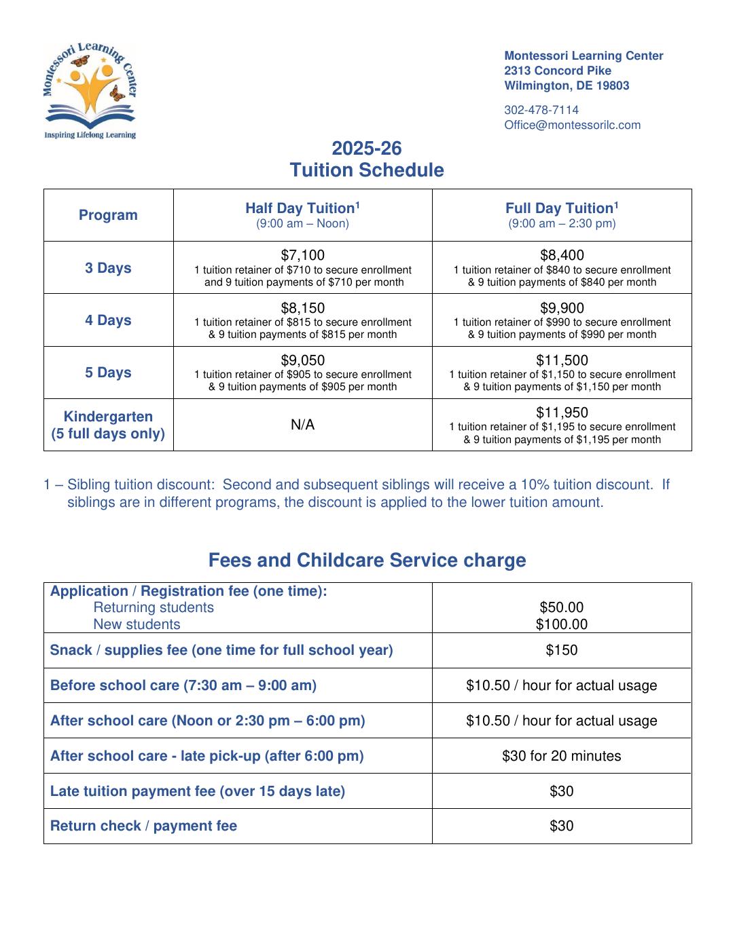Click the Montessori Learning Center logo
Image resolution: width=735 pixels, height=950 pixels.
90,90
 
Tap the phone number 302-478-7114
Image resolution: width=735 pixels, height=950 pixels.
541,110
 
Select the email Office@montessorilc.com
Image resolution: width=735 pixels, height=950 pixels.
572,125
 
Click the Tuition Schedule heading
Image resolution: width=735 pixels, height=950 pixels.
367,170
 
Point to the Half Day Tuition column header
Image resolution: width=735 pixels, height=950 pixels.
302,208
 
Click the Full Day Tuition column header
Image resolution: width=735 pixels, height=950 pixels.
562,208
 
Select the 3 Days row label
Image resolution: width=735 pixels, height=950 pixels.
108,268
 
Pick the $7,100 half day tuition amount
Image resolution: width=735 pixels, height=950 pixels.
302,255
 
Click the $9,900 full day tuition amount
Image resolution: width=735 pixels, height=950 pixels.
562,308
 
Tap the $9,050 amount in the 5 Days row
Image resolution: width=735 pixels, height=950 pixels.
302,360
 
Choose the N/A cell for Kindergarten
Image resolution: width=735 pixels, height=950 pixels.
302,425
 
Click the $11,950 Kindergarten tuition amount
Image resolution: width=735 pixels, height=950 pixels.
562,413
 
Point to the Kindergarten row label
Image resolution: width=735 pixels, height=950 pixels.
108,425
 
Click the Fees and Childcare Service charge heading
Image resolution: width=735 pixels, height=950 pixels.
367,560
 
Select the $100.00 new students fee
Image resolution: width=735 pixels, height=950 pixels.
562,624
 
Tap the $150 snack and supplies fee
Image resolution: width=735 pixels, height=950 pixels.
562,650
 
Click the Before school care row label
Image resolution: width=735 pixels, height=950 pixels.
183,685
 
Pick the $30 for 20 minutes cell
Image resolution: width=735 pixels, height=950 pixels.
562,756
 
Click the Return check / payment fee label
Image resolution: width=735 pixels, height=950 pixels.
143,826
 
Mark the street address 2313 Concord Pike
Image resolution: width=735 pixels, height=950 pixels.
557,71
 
